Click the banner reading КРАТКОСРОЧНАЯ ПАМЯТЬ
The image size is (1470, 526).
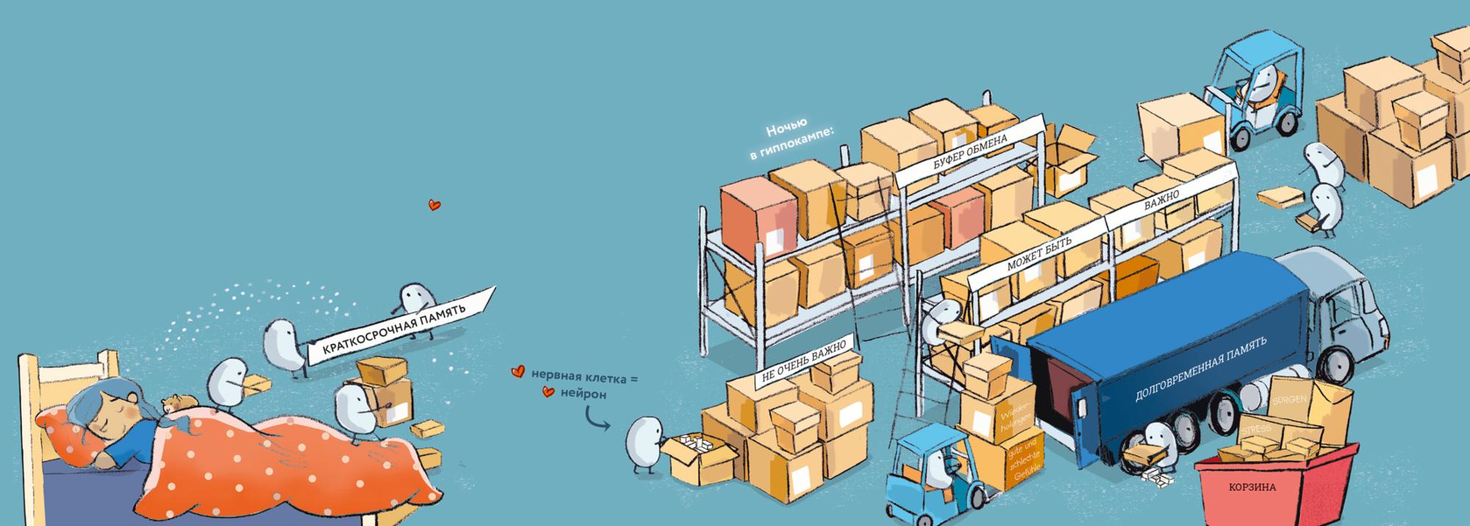click(394, 326)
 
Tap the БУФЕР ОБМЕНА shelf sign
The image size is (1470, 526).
click(969, 150)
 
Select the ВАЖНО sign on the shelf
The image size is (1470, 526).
click(1161, 199)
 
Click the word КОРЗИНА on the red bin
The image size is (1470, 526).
click(1252, 487)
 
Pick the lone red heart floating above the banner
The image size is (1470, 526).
click(434, 205)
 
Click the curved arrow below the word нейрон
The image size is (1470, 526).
click(595, 420)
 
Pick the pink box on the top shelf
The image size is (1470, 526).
click(758, 213)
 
